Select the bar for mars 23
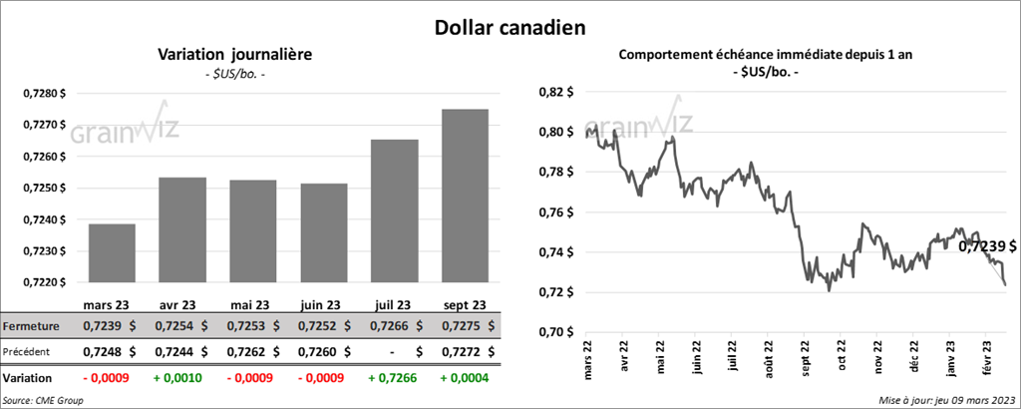point(112,253)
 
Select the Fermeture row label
point(31,325)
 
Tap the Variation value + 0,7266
point(394,379)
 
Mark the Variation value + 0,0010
point(182,379)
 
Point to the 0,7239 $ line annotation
point(987,244)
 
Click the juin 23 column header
point(323,304)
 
